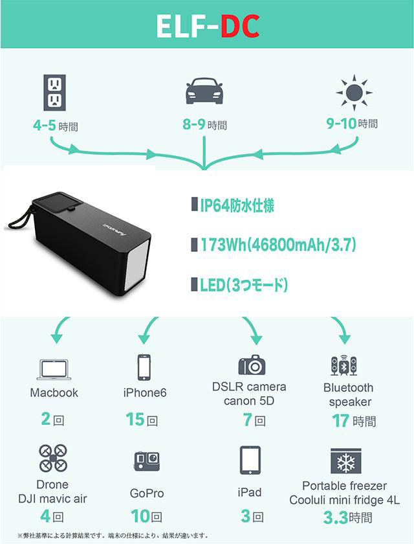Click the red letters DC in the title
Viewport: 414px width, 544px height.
point(240,26)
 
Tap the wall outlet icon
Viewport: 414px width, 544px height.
point(54,92)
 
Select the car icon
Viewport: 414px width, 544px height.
point(204,91)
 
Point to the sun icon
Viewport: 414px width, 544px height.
point(354,92)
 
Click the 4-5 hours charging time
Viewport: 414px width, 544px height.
point(56,126)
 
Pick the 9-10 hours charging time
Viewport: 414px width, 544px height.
point(352,124)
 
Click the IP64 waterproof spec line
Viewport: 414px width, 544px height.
point(233,205)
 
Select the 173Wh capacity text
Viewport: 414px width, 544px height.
point(274,245)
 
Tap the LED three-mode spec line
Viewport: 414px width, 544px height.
point(239,285)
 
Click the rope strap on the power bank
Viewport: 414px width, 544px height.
point(21,220)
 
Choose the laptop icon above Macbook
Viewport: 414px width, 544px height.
point(54,370)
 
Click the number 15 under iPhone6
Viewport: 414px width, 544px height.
point(135,420)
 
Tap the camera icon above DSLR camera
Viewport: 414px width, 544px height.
point(252,365)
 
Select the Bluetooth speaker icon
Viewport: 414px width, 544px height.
point(343,365)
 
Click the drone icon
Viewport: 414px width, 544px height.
point(53,459)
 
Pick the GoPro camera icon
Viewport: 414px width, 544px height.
point(147,461)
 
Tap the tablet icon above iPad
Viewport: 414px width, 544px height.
point(250,460)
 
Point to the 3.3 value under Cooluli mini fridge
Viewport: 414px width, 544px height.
point(335,517)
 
